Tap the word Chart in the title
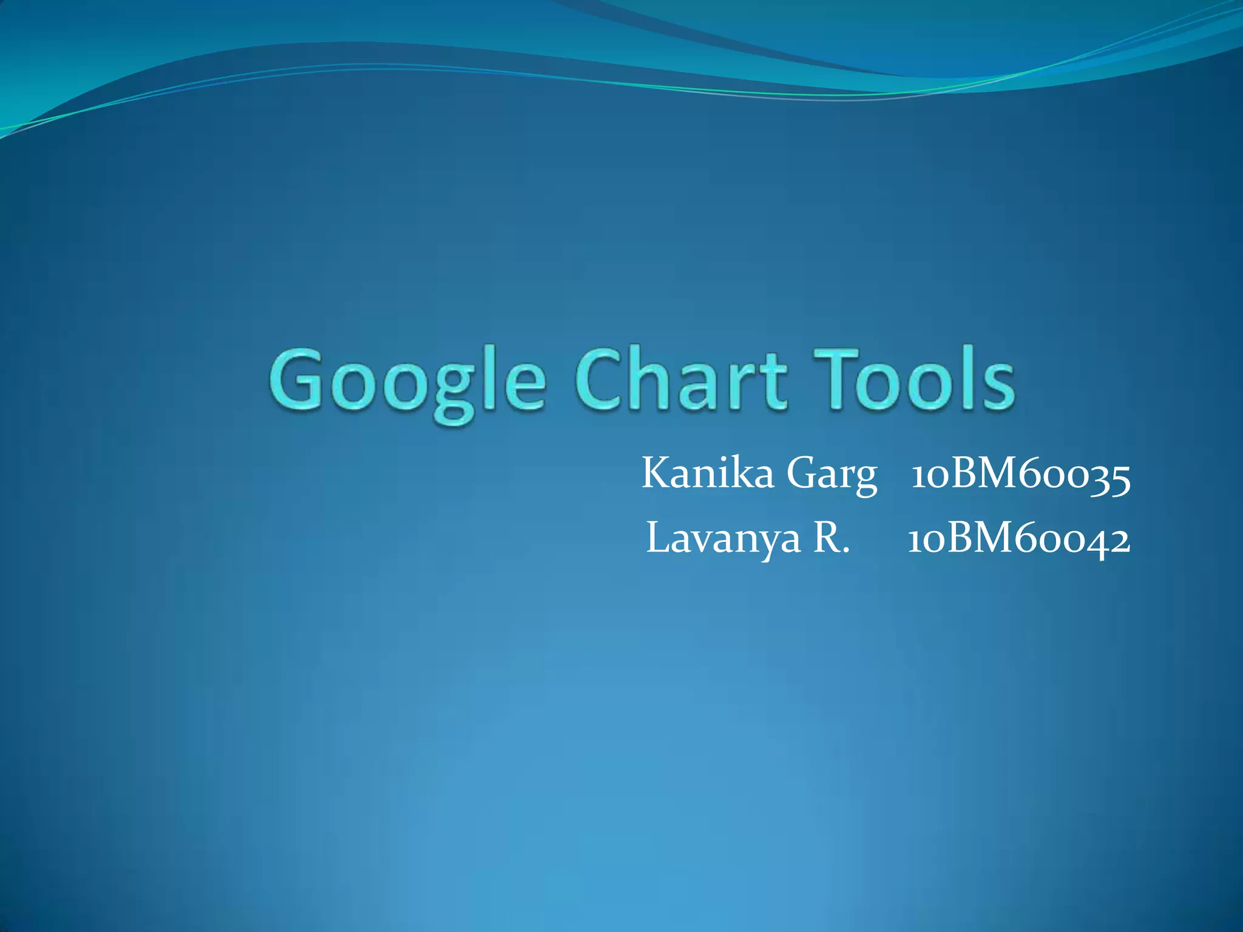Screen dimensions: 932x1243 coord(681,379)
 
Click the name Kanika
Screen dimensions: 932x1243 coord(708,473)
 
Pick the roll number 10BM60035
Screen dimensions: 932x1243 coord(1021,474)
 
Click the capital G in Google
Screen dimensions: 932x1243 coord(297,379)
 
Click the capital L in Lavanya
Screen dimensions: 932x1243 coord(658,538)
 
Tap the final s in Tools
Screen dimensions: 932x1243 coord(998,386)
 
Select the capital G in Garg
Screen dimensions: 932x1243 coord(802,473)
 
